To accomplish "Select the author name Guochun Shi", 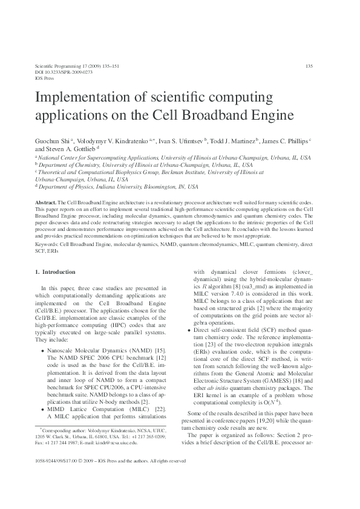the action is pyautogui.click(x=53, y=140).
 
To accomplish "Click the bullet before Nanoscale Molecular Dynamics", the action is pyautogui.click(x=42, y=351).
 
